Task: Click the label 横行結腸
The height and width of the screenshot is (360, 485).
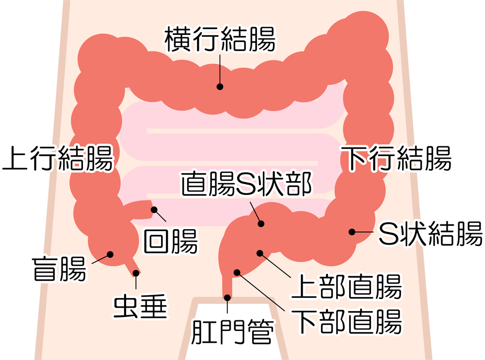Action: point(220,39)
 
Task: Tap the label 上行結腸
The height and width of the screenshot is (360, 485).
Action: point(58,158)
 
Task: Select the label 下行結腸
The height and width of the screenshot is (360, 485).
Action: point(396,158)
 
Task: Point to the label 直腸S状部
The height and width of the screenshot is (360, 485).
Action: point(246,184)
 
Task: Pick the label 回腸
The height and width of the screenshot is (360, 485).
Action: point(170,241)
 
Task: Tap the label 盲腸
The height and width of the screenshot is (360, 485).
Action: point(59,269)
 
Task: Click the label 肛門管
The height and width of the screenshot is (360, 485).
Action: point(233,332)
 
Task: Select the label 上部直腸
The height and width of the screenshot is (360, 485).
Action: point(346,286)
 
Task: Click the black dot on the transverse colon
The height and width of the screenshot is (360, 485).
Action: point(220,87)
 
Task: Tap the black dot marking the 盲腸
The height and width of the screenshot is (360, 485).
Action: point(110,255)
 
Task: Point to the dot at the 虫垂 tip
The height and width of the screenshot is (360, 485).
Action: point(136,273)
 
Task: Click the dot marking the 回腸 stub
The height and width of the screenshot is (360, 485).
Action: point(154,210)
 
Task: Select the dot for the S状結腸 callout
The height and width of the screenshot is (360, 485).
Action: point(352,232)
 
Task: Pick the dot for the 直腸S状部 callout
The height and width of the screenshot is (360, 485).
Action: point(261,223)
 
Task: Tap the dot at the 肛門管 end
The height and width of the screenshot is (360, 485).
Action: point(227,297)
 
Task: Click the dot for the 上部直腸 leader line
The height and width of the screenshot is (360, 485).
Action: point(260,253)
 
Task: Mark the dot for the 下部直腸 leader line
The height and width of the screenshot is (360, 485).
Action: point(237,272)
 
